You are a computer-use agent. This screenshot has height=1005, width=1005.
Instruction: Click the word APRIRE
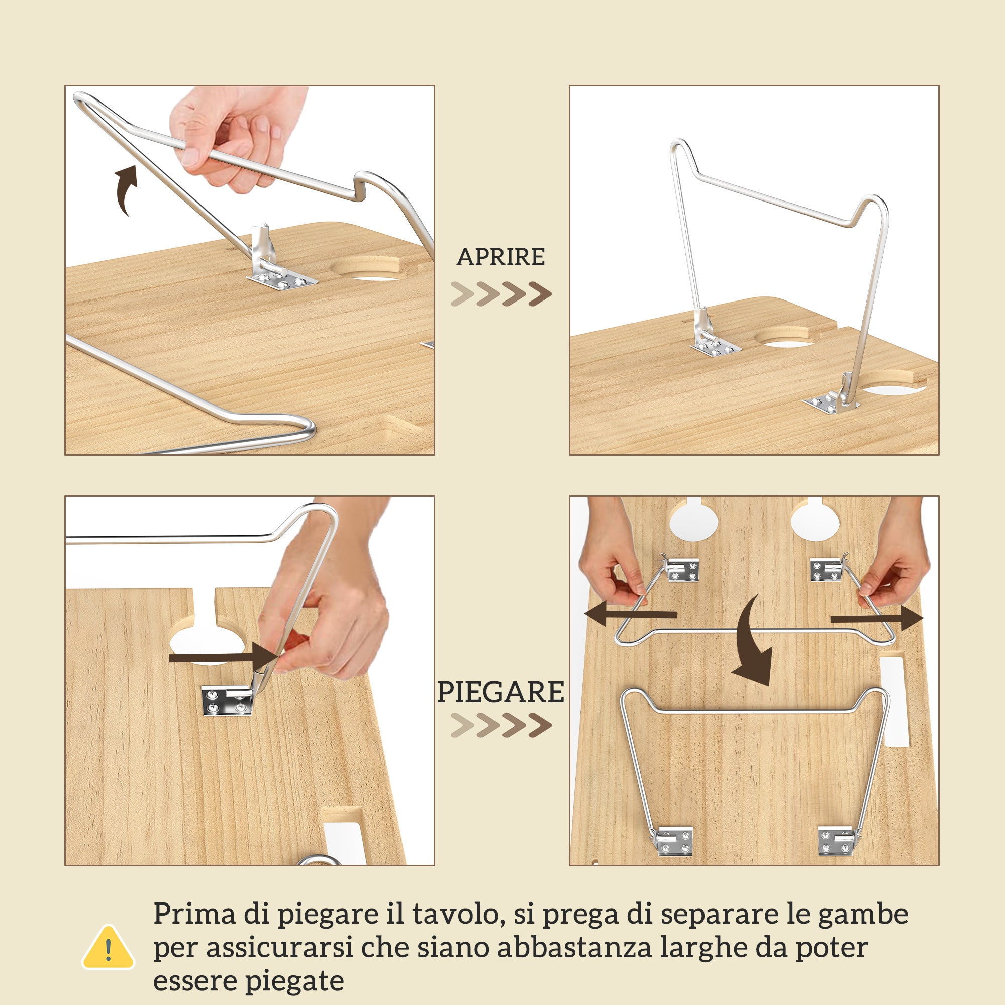tap(500, 257)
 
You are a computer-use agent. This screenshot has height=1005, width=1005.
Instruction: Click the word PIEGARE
tap(500, 692)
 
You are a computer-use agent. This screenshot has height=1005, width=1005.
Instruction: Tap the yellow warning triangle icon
tap(108, 949)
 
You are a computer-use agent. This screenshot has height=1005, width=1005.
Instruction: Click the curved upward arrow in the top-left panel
tap(127, 190)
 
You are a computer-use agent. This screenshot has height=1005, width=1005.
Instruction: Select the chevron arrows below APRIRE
tap(500, 294)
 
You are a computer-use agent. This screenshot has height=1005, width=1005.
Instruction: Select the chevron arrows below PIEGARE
tap(500, 725)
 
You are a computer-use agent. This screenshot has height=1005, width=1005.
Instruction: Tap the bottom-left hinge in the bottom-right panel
tap(674, 842)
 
